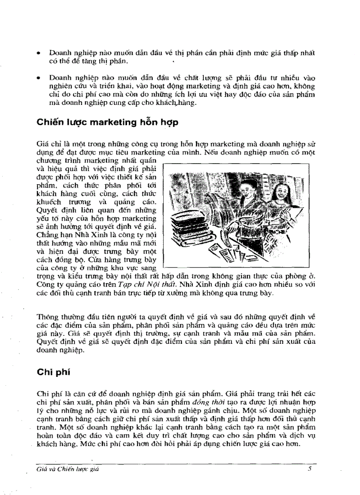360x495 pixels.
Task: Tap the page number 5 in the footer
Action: pos(310,469)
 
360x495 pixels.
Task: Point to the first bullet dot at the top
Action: pos(39,53)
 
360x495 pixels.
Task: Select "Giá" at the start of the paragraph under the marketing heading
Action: pos(42,144)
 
